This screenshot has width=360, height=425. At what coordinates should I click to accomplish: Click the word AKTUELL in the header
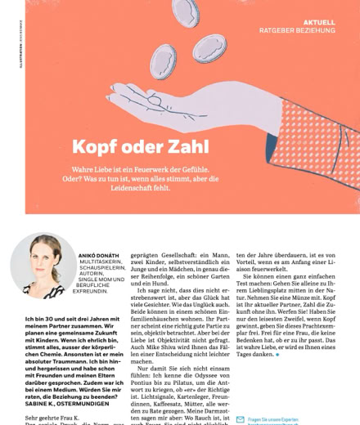[x=318, y=22]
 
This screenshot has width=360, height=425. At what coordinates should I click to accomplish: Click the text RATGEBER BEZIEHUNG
[x=297, y=31]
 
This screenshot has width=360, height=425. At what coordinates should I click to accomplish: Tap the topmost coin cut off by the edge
[x=186, y=11]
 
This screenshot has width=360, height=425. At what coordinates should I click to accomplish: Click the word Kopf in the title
[x=97, y=147]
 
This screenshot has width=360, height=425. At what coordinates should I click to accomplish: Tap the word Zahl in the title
[x=184, y=147]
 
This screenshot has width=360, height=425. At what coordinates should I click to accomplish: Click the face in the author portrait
[x=42, y=259]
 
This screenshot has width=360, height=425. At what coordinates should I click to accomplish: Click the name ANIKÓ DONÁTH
[x=99, y=255]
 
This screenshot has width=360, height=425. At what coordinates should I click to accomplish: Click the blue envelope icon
[x=240, y=419]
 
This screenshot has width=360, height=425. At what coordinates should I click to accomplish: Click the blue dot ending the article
[x=277, y=356]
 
